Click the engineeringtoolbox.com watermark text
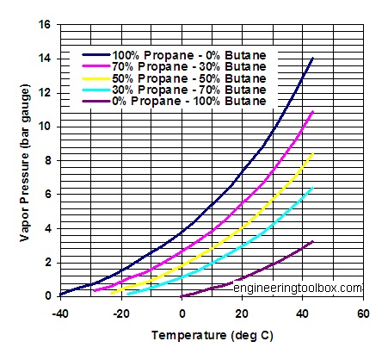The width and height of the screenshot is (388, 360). (298, 287)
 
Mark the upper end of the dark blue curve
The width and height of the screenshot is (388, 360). (312, 58)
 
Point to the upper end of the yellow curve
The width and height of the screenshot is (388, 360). (312, 154)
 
